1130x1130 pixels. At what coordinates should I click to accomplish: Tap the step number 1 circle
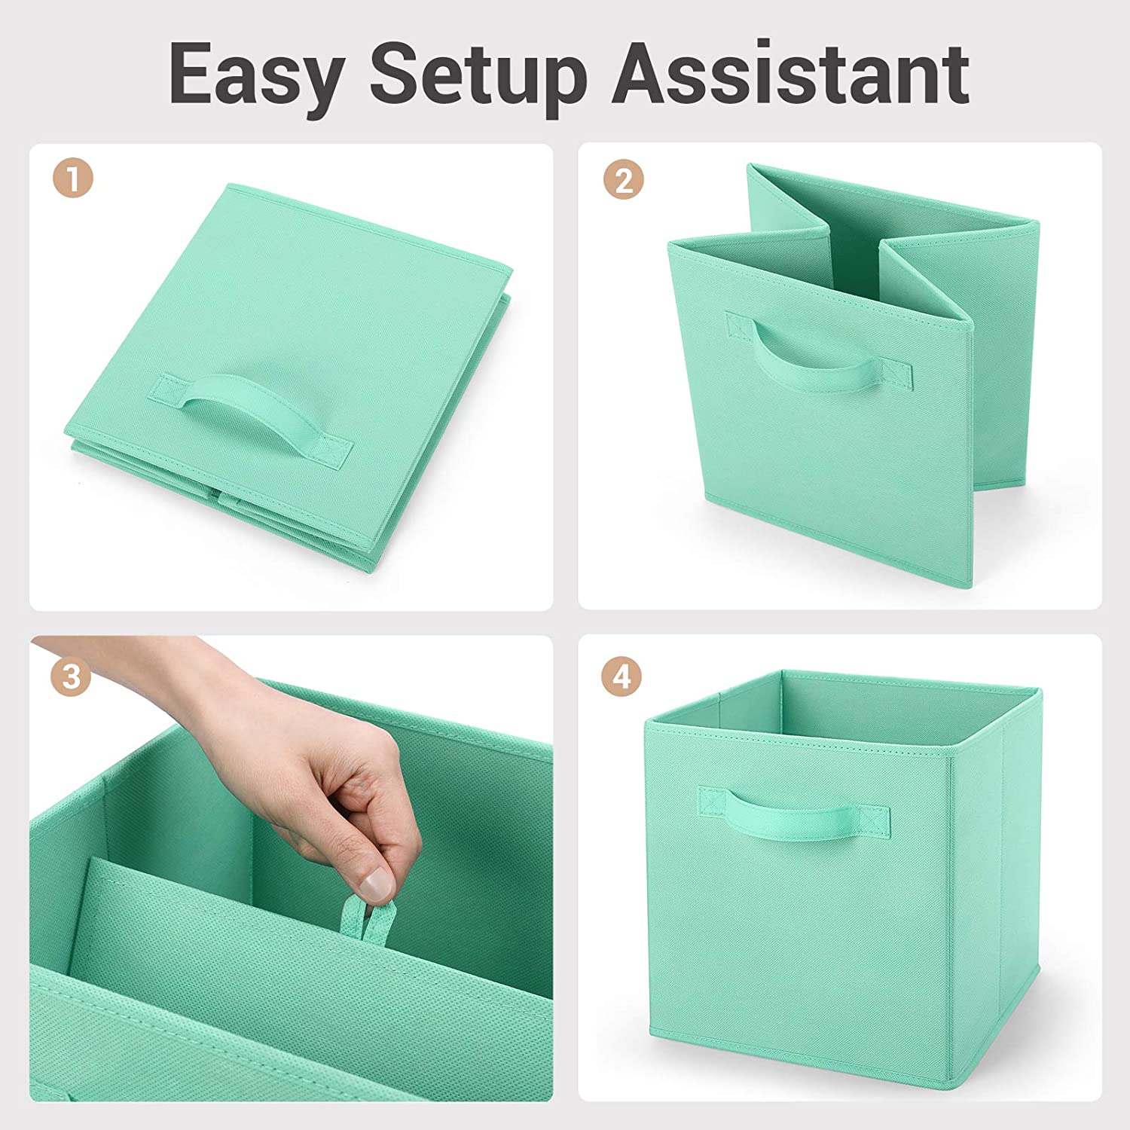[x=72, y=180]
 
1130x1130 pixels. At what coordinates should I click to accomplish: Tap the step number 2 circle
[x=623, y=180]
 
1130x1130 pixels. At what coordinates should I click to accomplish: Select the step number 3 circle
[x=71, y=676]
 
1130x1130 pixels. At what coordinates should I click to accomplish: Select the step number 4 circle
[x=621, y=676]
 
